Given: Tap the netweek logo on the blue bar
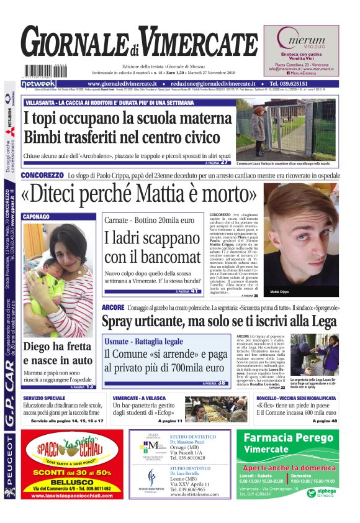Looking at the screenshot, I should click(39, 84).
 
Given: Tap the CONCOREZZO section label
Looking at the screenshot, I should click(42, 176).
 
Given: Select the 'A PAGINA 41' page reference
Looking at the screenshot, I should click(186, 291).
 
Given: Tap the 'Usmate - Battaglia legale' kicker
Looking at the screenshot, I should click(144, 342).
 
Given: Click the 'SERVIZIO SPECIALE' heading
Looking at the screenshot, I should click(44, 398).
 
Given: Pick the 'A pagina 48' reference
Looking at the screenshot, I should click(325, 421).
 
